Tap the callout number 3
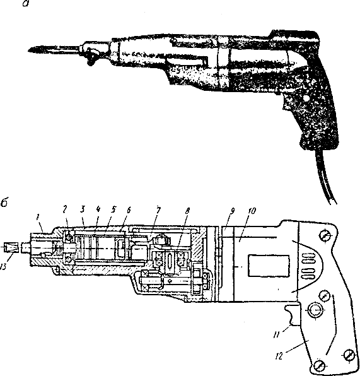pos(82,209)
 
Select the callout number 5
pos(113,209)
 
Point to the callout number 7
pos(158,210)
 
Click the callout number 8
pos(187,211)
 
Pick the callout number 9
pos(232,211)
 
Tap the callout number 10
pos(251,211)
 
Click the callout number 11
pos(276,334)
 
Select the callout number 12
pos(279,356)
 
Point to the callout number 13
pos(3,266)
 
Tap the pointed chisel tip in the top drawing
pos(29,50)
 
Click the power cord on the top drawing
pos(324,177)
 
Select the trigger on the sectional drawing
pos(292,315)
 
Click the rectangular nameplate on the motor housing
pos(269,266)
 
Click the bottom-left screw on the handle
pos(318,366)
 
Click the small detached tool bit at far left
pos(11,247)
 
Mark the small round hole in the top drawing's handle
pos(305,98)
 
